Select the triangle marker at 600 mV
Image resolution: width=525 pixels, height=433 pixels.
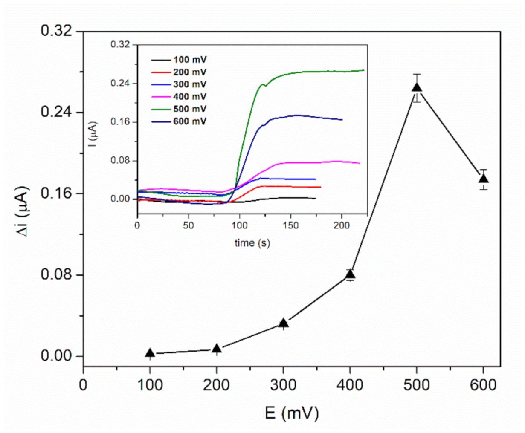point(483,179)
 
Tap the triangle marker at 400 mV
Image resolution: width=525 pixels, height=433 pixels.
point(350,274)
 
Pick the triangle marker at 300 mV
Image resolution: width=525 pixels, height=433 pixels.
point(284,323)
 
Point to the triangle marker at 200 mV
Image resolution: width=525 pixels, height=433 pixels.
point(217,349)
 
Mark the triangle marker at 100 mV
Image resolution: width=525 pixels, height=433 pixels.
point(150,353)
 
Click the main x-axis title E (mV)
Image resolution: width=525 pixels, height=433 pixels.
point(292,413)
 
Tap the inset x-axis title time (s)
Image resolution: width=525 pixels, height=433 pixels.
point(252,243)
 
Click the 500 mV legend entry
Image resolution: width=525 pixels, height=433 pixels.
point(189,109)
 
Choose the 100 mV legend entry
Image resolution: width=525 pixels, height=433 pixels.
point(189,60)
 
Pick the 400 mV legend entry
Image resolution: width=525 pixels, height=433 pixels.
point(189,97)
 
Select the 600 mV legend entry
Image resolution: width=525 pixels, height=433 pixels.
point(189,121)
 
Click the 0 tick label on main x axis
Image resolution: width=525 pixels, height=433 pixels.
point(83,385)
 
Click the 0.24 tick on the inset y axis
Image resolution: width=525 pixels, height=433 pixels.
point(121,84)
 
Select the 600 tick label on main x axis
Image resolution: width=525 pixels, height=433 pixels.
point(483,385)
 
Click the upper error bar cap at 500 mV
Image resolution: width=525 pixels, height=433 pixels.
point(417,74)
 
